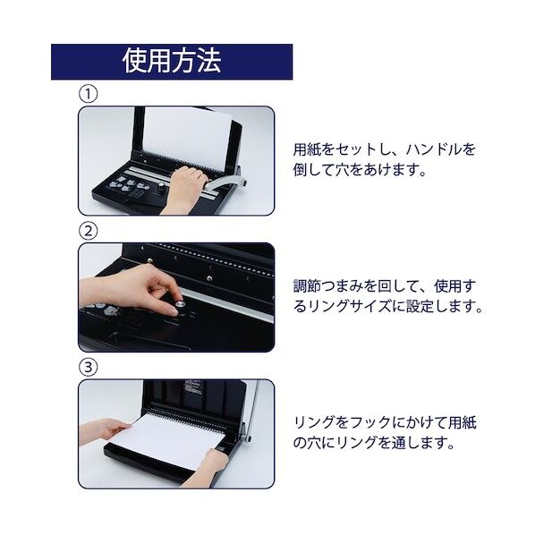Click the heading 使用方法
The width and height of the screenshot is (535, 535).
click(171, 62)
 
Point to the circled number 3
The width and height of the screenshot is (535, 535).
click(88, 368)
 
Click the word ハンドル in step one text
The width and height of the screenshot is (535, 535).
click(437, 149)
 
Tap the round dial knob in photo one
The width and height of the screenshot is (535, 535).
click(163, 190)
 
